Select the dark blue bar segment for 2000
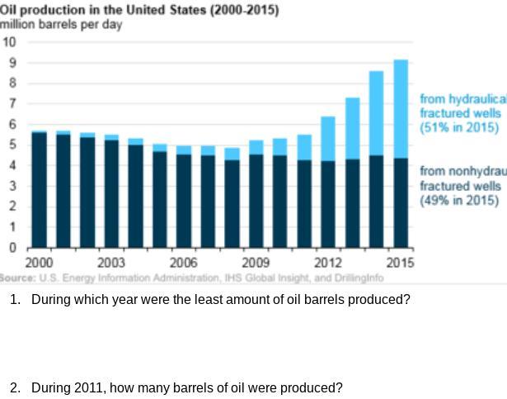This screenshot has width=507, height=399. pos(39,189)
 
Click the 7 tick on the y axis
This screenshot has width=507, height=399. pos(12,103)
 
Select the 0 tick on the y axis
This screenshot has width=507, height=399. pos(12,247)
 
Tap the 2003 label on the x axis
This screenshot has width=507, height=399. pos(111,263)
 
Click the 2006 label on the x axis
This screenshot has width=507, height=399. pos(183,263)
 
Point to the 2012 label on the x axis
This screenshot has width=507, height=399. pos(328,263)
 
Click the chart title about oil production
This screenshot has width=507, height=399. pos(139,10)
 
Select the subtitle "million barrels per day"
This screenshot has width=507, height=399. pos(61,24)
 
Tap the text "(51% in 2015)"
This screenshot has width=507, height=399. pos(459,127)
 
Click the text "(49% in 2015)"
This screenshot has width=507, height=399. pos(459,200)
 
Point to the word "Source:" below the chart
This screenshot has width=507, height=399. pos(17,278)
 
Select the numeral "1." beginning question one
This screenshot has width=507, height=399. pos(15,299)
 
